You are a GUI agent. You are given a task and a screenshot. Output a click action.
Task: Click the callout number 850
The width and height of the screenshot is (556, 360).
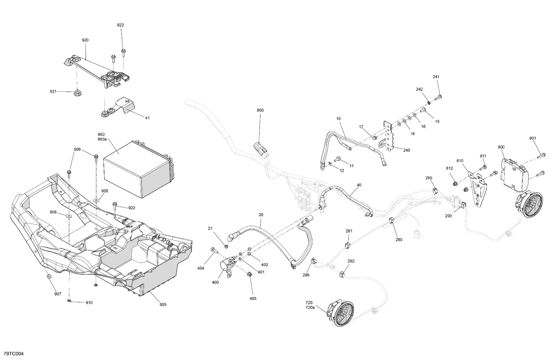click(x=260, y=110)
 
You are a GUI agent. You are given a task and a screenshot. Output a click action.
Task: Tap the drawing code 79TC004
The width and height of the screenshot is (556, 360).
click(x=13, y=354)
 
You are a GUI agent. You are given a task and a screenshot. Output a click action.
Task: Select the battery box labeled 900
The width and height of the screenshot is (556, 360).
click(x=137, y=170)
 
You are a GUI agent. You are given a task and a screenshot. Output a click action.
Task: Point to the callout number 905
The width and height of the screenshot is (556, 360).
click(x=163, y=305)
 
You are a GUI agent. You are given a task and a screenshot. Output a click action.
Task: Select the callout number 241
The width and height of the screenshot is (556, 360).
click(x=436, y=77)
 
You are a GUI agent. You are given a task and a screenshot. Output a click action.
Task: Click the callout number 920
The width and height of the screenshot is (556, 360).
click(x=85, y=40)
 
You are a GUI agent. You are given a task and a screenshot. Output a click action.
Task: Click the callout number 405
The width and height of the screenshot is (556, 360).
click(x=253, y=298)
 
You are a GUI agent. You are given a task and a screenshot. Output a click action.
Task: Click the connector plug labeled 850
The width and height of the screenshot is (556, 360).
click(x=260, y=150)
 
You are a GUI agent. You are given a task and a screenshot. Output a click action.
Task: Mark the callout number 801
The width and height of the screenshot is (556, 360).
click(x=533, y=139)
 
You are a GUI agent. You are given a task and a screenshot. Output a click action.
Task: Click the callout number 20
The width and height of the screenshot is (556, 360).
click(x=261, y=215)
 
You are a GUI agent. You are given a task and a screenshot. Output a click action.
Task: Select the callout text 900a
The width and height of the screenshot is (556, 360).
click(x=102, y=139)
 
